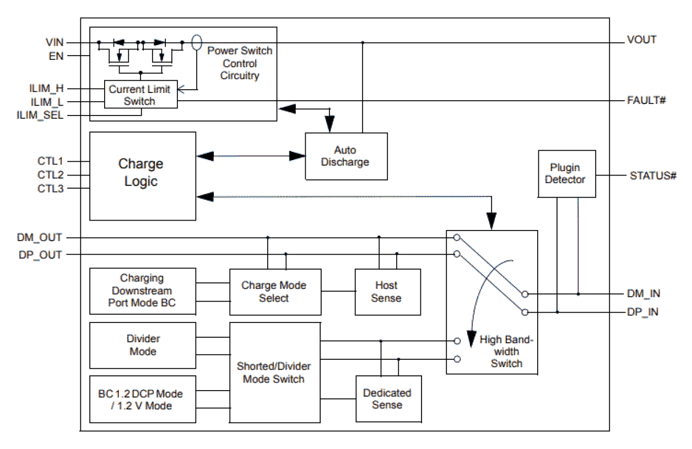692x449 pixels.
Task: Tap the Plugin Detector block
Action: (567, 173)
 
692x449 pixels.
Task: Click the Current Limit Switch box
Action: (140, 95)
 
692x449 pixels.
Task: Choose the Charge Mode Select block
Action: (274, 292)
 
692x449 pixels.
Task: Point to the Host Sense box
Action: (387, 292)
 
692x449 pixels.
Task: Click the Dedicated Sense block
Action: (388, 399)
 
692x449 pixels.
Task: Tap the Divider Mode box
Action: (143, 345)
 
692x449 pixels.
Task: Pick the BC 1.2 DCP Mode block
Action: (143, 399)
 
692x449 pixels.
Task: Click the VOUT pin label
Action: (642, 40)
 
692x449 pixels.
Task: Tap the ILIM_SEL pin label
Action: (47, 115)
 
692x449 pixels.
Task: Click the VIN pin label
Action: (55, 41)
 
